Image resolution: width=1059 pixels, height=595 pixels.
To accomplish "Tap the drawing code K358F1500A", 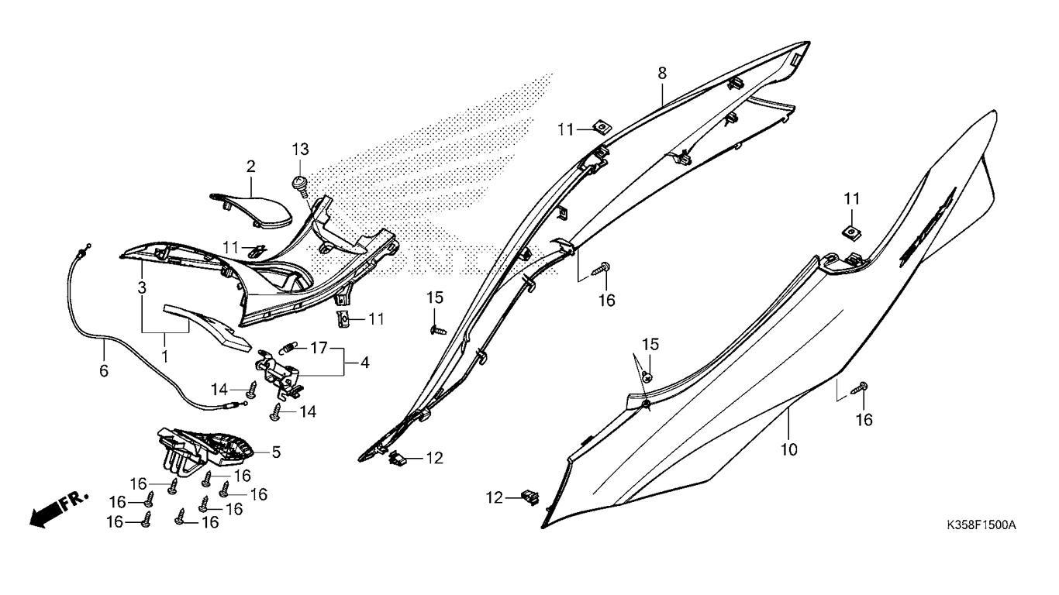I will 981,525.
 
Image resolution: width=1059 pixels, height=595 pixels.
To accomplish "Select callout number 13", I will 300,148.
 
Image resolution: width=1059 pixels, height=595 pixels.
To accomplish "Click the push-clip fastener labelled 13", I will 301,184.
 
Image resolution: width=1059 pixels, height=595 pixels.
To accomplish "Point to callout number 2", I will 250,166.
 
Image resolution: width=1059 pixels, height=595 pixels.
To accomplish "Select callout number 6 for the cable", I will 104,370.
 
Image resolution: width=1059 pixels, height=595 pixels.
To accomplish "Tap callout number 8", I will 661,73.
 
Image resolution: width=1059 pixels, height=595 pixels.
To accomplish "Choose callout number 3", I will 142,287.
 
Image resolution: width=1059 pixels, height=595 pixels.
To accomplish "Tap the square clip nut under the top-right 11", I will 851,231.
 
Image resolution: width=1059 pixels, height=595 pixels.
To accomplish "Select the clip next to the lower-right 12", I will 531,495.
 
